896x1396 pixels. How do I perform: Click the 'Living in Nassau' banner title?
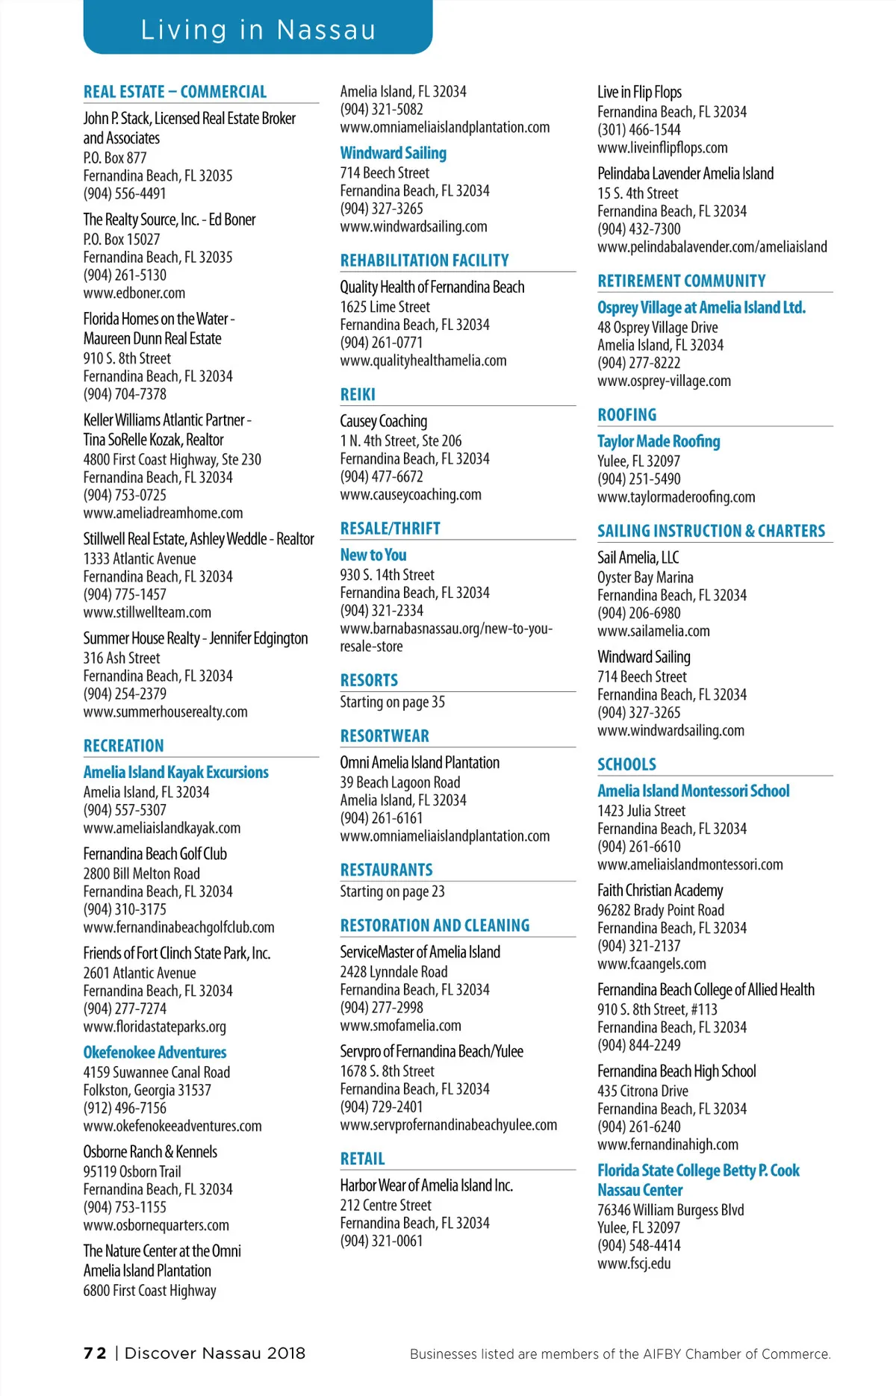pyautogui.click(x=258, y=30)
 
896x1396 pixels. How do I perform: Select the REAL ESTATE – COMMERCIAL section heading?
pyautogui.click(x=175, y=92)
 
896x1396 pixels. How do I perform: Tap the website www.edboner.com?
pyautogui.click(x=134, y=293)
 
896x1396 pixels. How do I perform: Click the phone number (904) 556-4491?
pyautogui.click(x=125, y=194)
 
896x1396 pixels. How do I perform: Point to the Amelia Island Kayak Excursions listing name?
pyautogui.click(x=175, y=773)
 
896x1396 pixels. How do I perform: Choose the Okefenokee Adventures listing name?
pyautogui.click(x=155, y=1053)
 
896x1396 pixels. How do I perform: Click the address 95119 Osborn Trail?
pyautogui.click(x=132, y=1172)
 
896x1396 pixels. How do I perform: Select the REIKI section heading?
pyautogui.click(x=358, y=395)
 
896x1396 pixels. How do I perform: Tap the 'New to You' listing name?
pyautogui.click(x=373, y=555)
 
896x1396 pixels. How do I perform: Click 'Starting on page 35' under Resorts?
pyautogui.click(x=392, y=702)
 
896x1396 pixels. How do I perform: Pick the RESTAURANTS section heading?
pyautogui.click(x=386, y=870)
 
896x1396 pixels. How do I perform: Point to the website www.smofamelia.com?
pyautogui.click(x=400, y=1026)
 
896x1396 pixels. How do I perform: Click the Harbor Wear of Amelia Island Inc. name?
pyautogui.click(x=426, y=1185)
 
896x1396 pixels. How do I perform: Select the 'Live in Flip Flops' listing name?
pyautogui.click(x=639, y=93)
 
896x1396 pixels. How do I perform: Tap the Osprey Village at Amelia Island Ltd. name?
pyautogui.click(x=701, y=308)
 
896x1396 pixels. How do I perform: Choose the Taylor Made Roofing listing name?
pyautogui.click(x=659, y=442)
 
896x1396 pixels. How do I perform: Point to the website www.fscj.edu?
pyautogui.click(x=634, y=1264)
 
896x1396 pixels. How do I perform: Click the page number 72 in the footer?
pyautogui.click(x=95, y=1353)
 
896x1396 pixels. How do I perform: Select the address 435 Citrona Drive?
pyautogui.click(x=642, y=1091)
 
